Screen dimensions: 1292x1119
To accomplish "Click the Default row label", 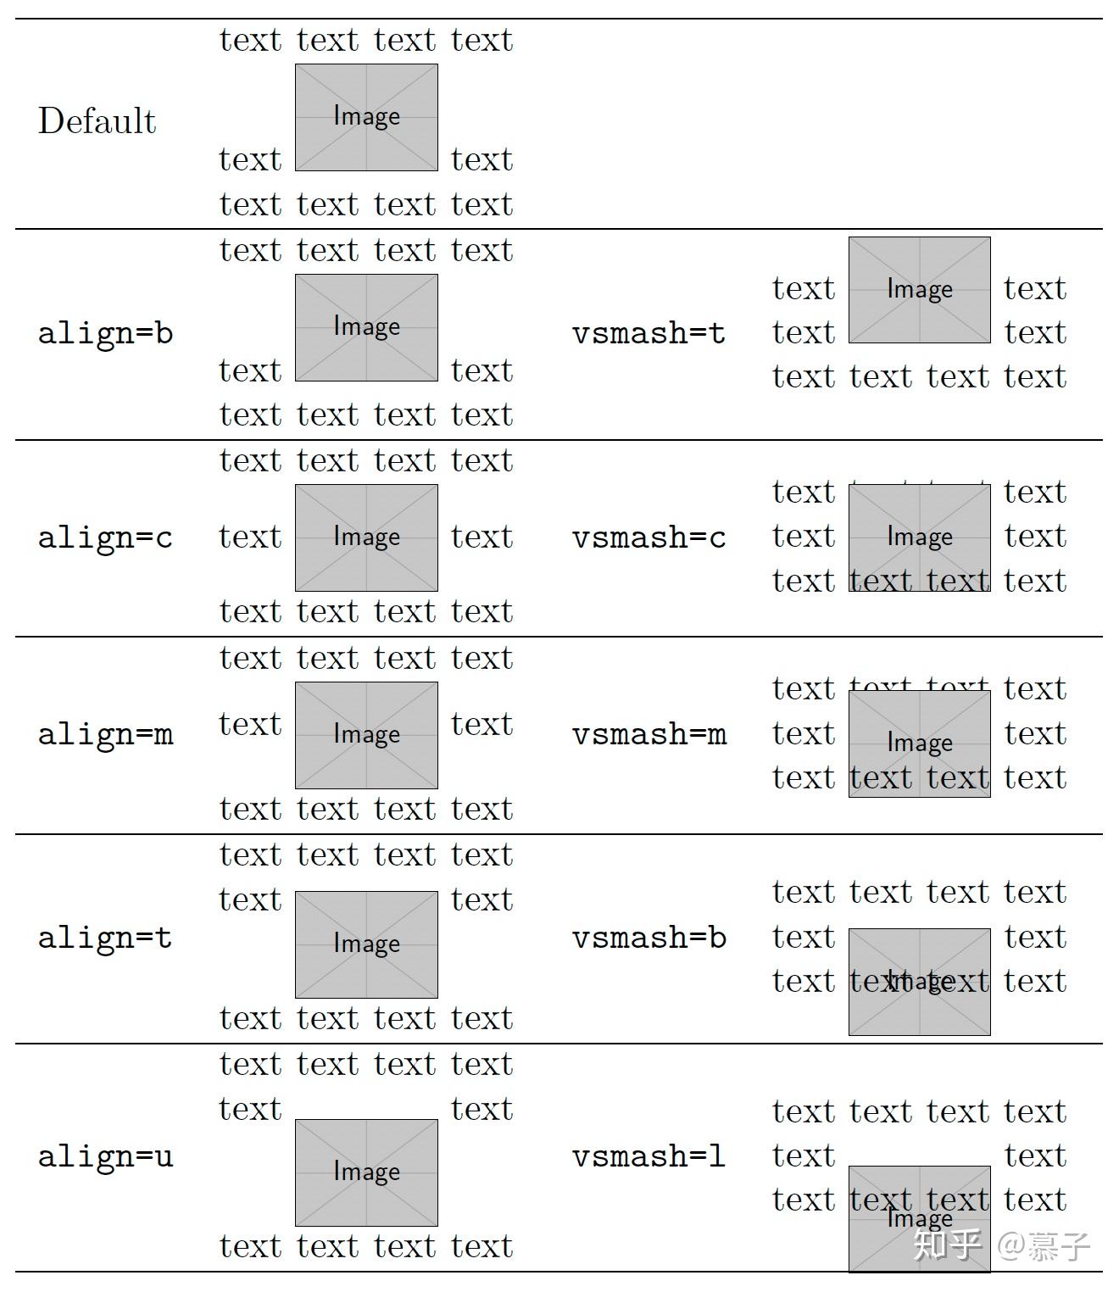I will (97, 121).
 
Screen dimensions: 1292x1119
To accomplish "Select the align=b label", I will (105, 333).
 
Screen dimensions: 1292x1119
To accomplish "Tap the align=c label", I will (105, 537).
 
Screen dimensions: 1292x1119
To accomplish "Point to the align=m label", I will (105, 734).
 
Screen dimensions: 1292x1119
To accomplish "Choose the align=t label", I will (105, 938).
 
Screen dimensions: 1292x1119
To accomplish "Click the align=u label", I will (105, 1156).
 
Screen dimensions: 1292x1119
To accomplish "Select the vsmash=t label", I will (649, 333).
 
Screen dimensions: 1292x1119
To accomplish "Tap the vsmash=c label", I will (649, 537).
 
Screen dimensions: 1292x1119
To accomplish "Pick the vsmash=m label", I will (649, 734).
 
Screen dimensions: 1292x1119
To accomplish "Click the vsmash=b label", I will (649, 938).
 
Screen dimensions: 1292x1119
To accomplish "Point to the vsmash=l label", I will (649, 1156).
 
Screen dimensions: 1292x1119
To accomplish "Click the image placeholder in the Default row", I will (366, 117).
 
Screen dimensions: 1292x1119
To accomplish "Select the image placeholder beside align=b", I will (366, 327).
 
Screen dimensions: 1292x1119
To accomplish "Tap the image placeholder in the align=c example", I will (366, 537).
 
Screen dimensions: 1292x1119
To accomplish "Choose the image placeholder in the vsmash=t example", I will (920, 290).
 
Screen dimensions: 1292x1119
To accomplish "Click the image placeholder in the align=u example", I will (366, 1172).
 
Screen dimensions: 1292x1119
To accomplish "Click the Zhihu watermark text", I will (1001, 1245).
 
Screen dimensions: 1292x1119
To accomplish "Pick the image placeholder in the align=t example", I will (366, 944).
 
